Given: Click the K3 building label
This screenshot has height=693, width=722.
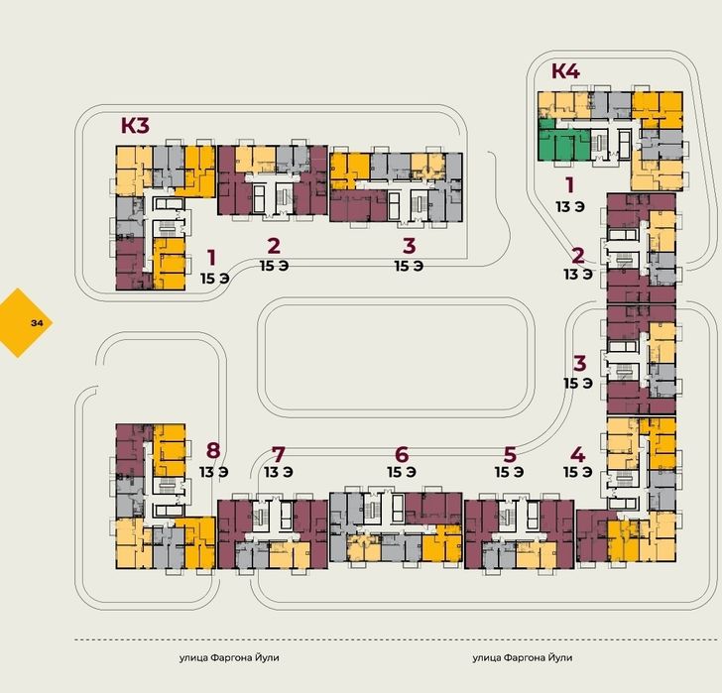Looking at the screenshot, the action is coord(135,125).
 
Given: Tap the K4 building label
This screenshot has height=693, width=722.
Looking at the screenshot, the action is coord(565,70).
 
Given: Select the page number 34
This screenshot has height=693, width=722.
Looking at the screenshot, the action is coord(37,323).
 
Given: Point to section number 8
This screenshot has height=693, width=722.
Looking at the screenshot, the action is coord(213,450).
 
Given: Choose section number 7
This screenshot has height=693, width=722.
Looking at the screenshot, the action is coord(278,455).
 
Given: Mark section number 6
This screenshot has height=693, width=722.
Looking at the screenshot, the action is coord(402,455).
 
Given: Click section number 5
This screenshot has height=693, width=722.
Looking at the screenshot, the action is coord(510,455).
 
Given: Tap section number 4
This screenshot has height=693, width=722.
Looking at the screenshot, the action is coord(578,455).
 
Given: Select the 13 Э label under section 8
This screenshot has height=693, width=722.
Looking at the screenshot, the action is coord(213,472).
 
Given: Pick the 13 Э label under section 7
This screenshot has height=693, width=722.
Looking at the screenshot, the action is coord(278,472).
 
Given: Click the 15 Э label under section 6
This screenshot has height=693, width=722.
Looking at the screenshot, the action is coord(402,472).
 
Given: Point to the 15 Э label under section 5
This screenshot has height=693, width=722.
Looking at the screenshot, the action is coord(510,472).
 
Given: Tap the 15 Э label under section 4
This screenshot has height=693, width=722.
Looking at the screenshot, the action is coord(578,472).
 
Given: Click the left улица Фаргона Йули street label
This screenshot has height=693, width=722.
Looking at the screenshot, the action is coord(229,657).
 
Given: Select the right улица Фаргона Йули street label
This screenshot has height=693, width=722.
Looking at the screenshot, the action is coord(522,657).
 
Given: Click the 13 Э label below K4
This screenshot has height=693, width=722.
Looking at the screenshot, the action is coord(570,207).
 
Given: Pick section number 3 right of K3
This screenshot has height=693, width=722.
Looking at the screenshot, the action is coord(409,246).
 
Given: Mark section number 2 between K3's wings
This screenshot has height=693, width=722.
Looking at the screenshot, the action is coord(274,246).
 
